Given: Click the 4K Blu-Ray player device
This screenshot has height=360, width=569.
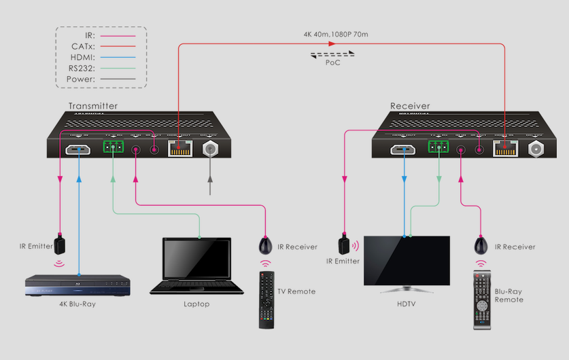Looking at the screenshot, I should pyautogui.click(x=77, y=285).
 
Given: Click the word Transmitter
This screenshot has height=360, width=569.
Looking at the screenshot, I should pyautogui.click(x=93, y=106).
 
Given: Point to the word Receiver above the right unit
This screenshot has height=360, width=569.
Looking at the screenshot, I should pyautogui.click(x=410, y=106).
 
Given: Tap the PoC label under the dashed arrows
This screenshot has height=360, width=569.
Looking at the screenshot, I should pyautogui.click(x=332, y=63).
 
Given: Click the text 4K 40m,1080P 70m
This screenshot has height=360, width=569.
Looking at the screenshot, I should pyautogui.click(x=336, y=33).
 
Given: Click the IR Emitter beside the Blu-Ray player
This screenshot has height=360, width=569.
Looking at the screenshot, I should pyautogui.click(x=61, y=243).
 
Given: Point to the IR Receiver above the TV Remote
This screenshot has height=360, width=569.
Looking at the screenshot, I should pyautogui.click(x=265, y=246).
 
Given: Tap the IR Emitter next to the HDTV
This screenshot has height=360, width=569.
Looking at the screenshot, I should pyautogui.click(x=345, y=243).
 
